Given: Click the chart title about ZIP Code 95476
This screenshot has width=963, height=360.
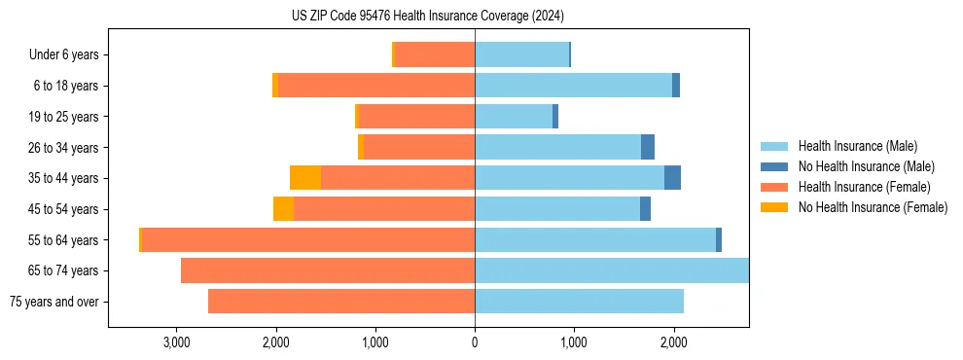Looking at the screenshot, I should click(428, 16).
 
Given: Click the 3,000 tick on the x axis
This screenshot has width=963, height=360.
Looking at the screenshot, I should click(176, 342).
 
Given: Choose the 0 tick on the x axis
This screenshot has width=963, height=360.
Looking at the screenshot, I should click(475, 342).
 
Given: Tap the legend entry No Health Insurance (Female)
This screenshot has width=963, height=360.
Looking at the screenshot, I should click(873, 207).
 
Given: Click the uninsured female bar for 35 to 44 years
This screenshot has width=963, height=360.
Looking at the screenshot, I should click(305, 178).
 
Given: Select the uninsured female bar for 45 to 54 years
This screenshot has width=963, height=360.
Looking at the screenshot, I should click(283, 209).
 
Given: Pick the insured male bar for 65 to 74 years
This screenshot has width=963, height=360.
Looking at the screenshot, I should click(612, 270).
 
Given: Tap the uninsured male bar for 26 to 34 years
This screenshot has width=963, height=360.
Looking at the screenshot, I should click(648, 147).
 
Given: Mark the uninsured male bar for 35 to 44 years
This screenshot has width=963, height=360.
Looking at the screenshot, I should click(672, 178).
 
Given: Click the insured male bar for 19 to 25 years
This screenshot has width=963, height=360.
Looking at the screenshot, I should click(514, 117).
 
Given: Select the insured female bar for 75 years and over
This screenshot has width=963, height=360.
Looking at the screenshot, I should click(341, 302).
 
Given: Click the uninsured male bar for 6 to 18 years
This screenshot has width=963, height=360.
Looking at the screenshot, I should click(676, 86).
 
